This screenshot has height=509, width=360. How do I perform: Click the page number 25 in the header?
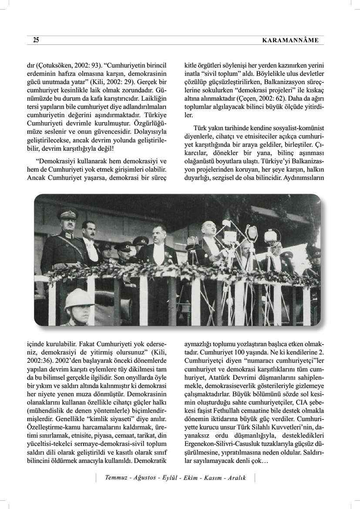click(x=36, y=40)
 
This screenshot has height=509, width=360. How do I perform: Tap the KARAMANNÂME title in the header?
click(x=291, y=40)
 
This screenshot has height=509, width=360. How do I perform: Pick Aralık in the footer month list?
click(x=235, y=478)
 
